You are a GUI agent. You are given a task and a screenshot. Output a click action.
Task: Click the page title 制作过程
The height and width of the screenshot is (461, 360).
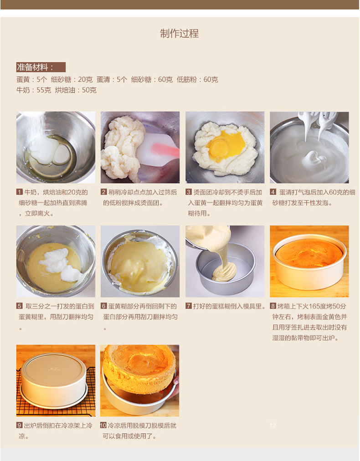click(180, 34)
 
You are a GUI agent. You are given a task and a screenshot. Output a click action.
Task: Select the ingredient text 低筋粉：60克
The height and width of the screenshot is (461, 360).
click(197, 79)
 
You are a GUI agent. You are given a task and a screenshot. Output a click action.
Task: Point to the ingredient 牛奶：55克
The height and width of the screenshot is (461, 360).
click(34, 90)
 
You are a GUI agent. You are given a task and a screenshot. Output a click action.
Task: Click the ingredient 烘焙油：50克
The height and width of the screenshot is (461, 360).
click(76, 90)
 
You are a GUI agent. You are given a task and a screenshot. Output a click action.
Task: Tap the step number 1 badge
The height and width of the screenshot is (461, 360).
click(20, 192)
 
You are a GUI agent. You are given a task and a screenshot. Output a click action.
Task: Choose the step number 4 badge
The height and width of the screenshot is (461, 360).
click(273, 192)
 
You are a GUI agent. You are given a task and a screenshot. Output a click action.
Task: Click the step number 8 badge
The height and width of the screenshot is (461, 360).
click(273, 306)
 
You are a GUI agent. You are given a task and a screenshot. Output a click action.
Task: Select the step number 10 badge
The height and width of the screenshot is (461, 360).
click(103, 425)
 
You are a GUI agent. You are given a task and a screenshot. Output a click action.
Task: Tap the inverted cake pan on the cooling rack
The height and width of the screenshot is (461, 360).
click(53, 379)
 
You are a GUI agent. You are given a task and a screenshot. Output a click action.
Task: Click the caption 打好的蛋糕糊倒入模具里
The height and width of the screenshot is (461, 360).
click(227, 307)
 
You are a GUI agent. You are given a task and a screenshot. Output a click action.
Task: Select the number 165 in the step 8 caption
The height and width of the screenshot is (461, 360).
click(315, 307)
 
